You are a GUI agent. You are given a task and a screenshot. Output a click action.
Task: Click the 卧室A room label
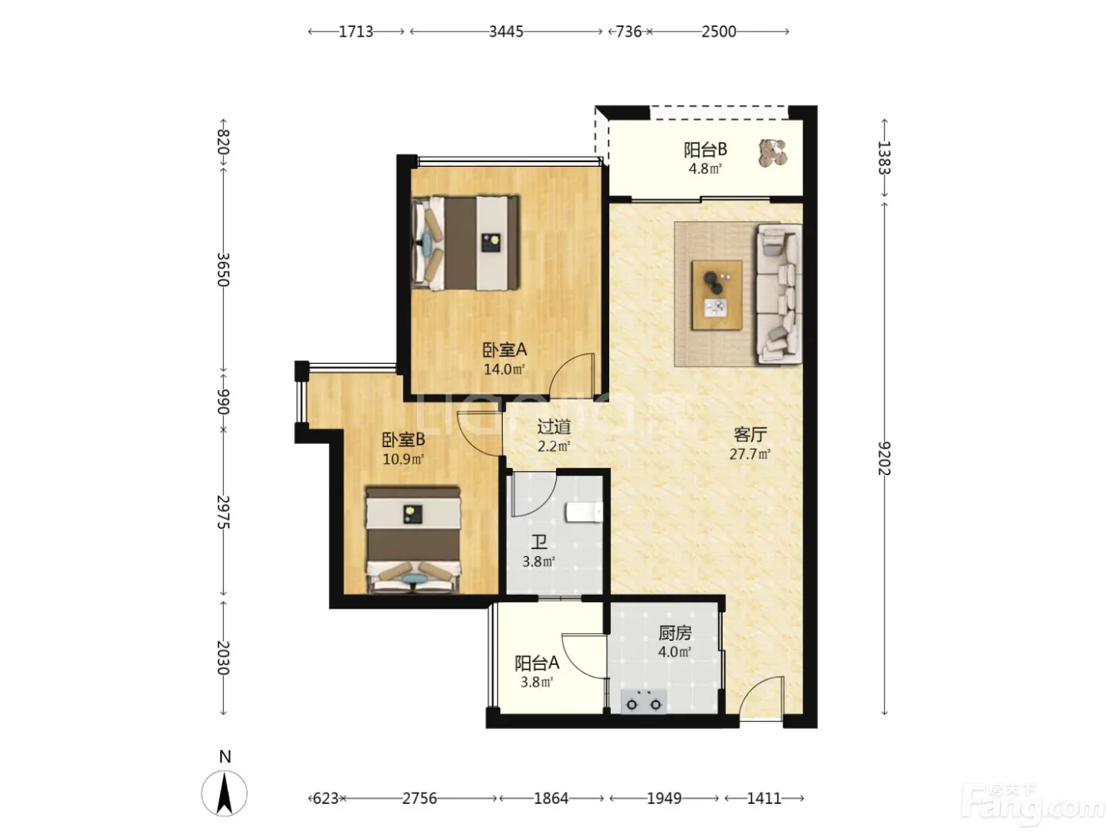504,349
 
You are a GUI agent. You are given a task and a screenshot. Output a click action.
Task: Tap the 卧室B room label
403,439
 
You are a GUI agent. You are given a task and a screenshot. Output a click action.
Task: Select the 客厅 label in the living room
750,434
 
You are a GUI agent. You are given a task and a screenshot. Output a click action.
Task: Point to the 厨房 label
675,633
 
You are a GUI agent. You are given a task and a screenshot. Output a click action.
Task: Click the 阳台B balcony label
705,149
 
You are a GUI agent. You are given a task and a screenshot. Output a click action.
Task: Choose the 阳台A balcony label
536,663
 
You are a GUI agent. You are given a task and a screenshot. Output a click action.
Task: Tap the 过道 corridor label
554,427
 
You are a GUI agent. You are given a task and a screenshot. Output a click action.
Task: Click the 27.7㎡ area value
750,454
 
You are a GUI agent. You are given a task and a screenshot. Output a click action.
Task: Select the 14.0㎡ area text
504,369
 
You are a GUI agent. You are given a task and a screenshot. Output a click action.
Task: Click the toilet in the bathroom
585,512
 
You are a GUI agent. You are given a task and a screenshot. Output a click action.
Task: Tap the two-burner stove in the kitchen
643,701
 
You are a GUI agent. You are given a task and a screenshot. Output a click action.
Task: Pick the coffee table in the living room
717,295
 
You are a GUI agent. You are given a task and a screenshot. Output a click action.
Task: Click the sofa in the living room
779,294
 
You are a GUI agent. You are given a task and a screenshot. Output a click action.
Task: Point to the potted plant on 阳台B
773,153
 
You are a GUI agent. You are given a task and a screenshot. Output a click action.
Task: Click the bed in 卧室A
465,243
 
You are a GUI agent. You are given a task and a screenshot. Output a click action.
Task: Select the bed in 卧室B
413,539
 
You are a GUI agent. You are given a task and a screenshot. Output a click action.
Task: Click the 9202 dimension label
884,458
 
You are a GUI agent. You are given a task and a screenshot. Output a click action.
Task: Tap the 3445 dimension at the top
506,32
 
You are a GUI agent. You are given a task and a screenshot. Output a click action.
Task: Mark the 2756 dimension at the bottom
419,798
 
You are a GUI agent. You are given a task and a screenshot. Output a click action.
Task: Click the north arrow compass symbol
225,793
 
